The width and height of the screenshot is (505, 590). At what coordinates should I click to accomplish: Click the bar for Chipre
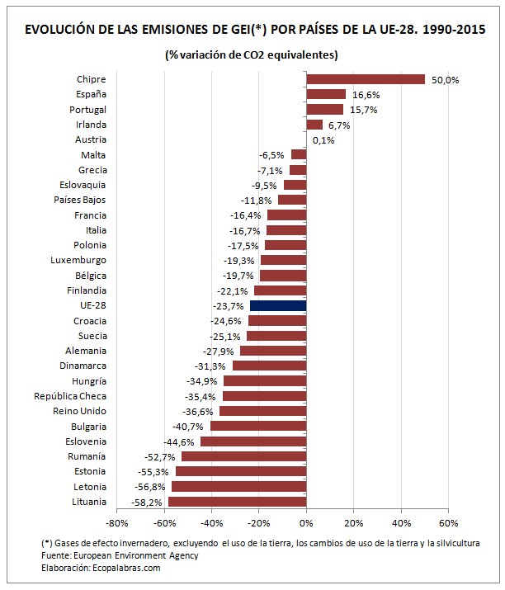click(x=365, y=79)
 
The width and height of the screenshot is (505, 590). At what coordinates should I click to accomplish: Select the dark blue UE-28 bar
click(x=278, y=305)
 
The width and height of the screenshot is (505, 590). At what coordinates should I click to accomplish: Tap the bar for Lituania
click(x=238, y=502)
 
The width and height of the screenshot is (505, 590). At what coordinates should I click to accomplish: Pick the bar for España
click(x=326, y=94)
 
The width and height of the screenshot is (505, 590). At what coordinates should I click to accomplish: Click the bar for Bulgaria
click(x=258, y=426)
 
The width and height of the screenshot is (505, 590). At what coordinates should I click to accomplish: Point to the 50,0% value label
click(x=446, y=80)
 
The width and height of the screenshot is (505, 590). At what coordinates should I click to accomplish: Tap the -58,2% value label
click(x=149, y=502)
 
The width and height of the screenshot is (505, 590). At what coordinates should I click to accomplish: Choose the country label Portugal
click(x=89, y=110)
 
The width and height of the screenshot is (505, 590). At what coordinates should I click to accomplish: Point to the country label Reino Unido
click(x=80, y=411)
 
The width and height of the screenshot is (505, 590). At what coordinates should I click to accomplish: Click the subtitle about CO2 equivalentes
click(x=252, y=55)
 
